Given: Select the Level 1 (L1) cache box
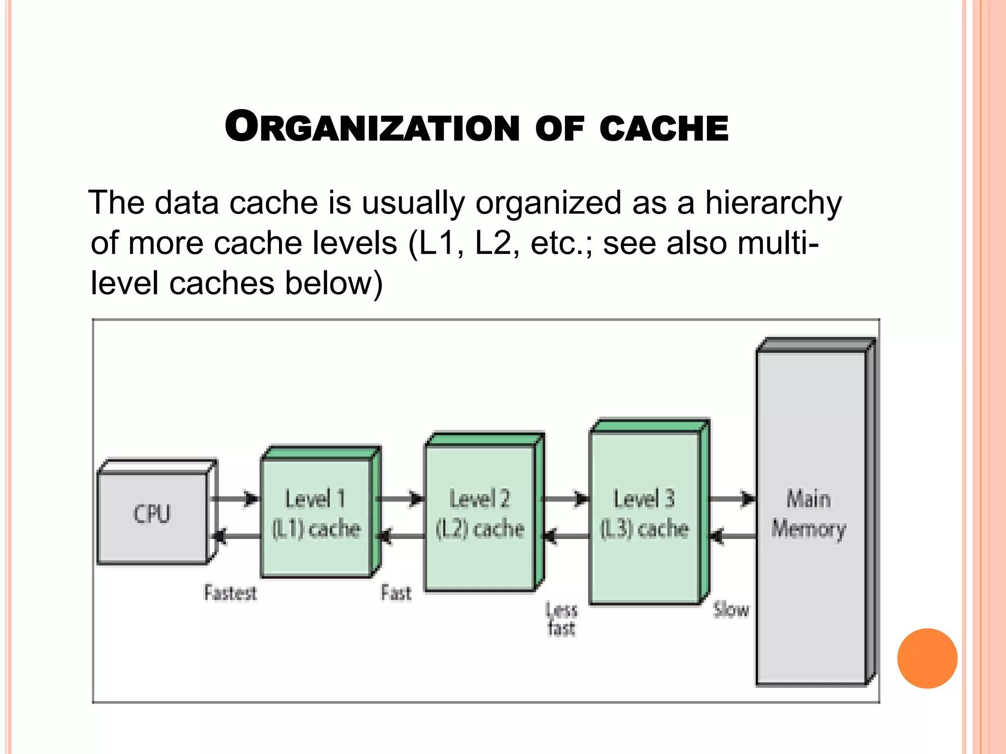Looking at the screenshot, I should (316, 515).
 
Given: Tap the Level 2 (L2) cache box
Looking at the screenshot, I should (480, 515).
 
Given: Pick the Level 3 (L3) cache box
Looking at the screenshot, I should (644, 515).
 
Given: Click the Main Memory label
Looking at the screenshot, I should (809, 514).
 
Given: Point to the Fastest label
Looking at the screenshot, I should (230, 593).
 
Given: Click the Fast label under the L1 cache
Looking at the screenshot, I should (396, 593).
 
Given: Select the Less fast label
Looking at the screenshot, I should (561, 619).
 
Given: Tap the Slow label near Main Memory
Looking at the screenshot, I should (731, 610).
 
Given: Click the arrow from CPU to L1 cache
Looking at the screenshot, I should (235, 499).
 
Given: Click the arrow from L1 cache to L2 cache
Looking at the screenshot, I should (399, 499).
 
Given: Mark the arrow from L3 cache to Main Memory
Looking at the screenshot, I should (731, 499).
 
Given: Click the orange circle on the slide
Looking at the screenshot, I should (927, 658).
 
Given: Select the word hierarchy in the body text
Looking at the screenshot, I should (773, 203).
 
